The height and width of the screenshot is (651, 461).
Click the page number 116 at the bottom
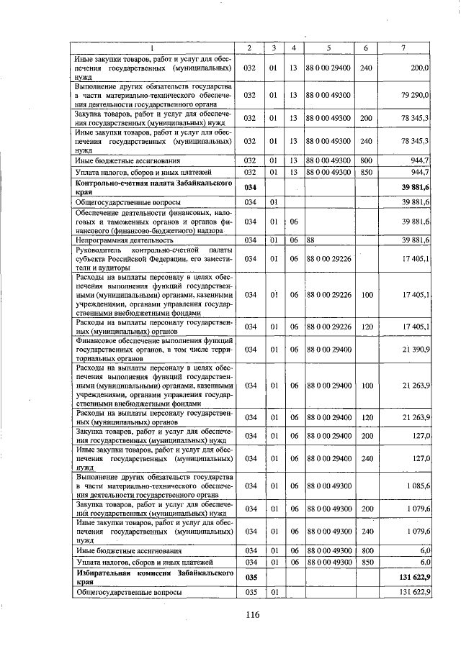tap(251, 614)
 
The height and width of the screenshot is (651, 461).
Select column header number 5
tap(328, 48)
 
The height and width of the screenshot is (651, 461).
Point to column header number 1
tap(152, 48)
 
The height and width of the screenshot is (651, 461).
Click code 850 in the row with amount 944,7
tap(366, 173)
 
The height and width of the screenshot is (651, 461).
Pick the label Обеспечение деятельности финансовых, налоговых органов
tap(152, 222)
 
